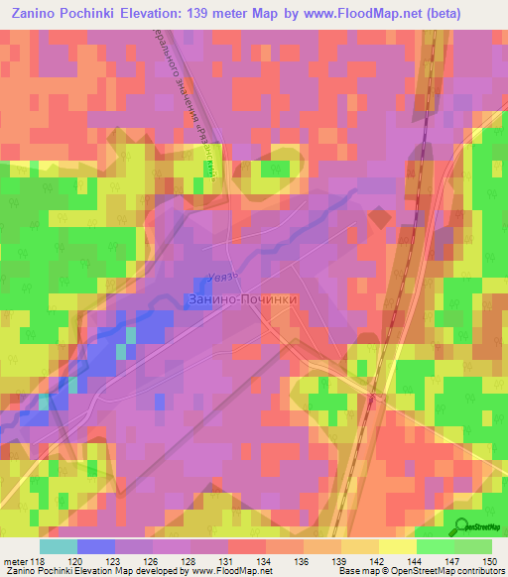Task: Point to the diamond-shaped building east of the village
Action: coord(379,216)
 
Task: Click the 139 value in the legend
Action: coord(324,561)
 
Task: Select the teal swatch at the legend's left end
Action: coord(59,546)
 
